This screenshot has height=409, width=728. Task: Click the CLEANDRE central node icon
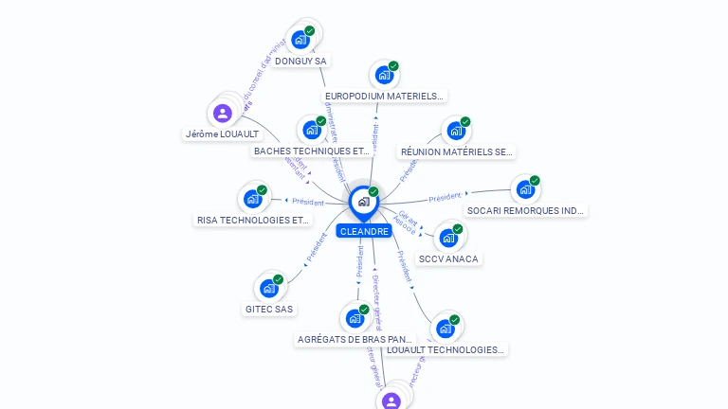pos(363,201)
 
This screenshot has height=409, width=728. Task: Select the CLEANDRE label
pos(364,231)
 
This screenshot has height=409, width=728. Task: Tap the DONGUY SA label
pos(300,61)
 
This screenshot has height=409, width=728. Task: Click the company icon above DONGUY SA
pos(300,39)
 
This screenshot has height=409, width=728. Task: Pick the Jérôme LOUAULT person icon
pos(223,114)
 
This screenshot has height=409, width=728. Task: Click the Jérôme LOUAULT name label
pos(222,134)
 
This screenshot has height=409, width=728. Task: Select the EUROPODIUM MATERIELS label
pos(384,96)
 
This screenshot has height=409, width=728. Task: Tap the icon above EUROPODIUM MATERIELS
pos(384,74)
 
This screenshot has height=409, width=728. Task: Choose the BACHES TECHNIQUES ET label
pos(312,151)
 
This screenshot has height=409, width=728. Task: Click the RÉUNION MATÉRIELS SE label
pos(456,151)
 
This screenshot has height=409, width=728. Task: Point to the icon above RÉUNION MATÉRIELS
pos(456,130)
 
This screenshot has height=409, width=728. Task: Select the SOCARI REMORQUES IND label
pos(526,210)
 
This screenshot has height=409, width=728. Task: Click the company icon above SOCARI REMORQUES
pos(525,188)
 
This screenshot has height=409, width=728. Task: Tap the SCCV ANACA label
pos(449,258)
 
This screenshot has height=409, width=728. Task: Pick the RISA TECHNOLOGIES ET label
pos(253,220)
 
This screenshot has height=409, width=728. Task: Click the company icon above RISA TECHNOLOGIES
pos(253,198)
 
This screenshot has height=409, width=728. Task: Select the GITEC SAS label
pos(270,309)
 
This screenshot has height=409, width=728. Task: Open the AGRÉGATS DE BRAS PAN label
pos(355,339)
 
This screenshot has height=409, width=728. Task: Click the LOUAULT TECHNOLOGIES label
pos(446,349)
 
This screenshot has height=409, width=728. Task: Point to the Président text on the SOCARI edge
pos(445,198)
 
